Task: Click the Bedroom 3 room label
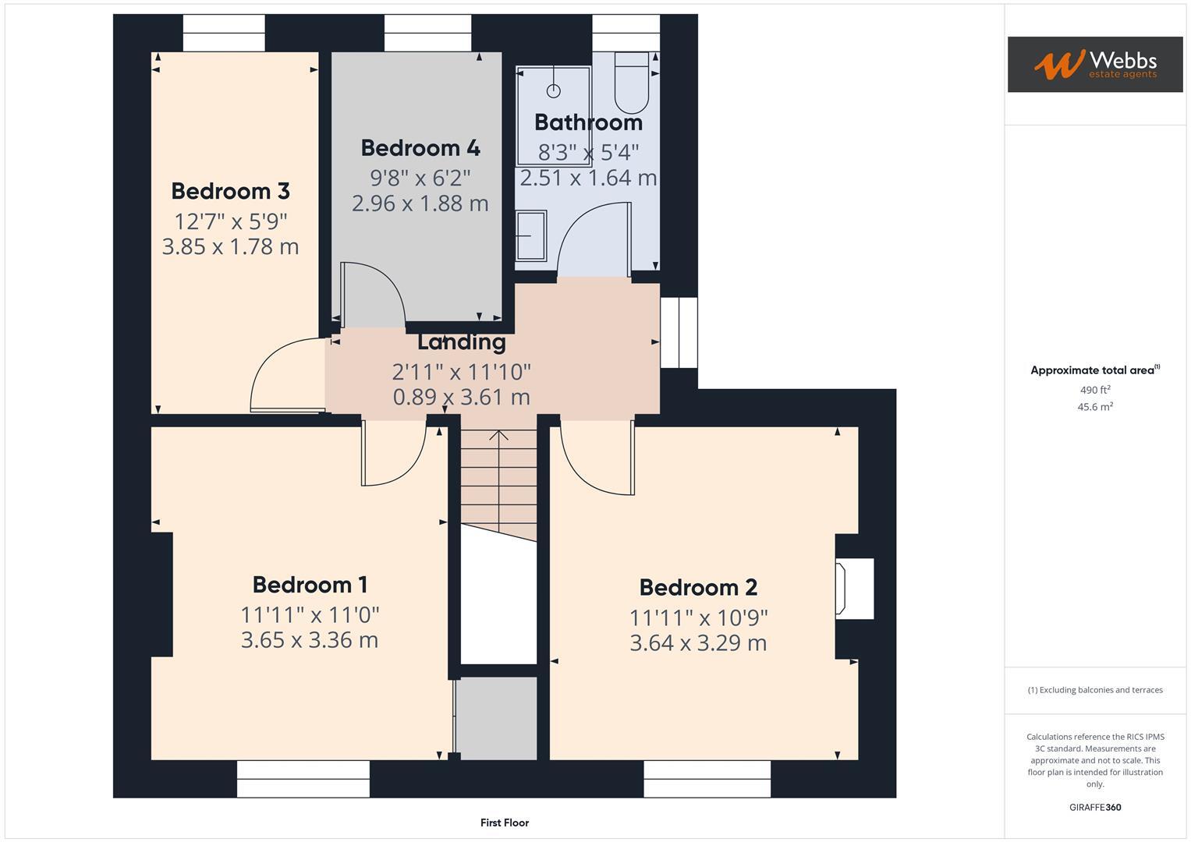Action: click(230, 191)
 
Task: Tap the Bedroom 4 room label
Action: click(420, 148)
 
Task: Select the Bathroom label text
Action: click(588, 122)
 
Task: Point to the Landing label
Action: click(461, 342)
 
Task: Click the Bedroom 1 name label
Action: click(310, 585)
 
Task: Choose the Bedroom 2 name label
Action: click(698, 588)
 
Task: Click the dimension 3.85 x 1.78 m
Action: click(230, 247)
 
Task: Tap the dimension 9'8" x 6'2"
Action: click(420, 179)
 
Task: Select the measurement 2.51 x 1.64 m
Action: click(588, 179)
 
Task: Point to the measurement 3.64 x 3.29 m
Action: click(698, 643)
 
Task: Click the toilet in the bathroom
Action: click(631, 83)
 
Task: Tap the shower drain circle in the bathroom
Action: click(554, 91)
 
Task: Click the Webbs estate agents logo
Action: click(1094, 65)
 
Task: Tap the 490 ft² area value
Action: click(1094, 390)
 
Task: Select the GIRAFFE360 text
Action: click(1094, 808)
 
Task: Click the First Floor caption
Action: click(504, 823)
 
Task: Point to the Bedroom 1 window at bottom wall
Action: click(303, 779)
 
